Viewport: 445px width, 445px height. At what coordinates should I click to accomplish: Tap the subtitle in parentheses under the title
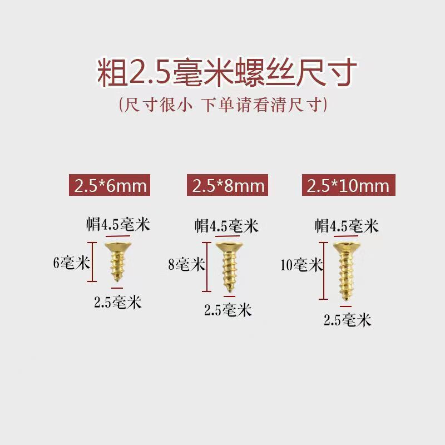[222, 106]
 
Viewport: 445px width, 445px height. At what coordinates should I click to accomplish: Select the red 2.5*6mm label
[109, 185]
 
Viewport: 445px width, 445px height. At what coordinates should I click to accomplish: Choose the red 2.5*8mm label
[228, 185]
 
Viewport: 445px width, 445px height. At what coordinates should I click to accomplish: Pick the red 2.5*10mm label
[348, 185]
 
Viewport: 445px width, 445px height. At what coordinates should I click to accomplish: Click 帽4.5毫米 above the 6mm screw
[117, 225]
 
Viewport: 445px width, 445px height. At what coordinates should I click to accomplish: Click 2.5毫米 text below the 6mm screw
[117, 303]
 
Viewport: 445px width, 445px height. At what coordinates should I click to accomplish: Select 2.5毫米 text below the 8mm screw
[228, 310]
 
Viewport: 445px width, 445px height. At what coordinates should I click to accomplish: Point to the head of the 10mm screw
[345, 245]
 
